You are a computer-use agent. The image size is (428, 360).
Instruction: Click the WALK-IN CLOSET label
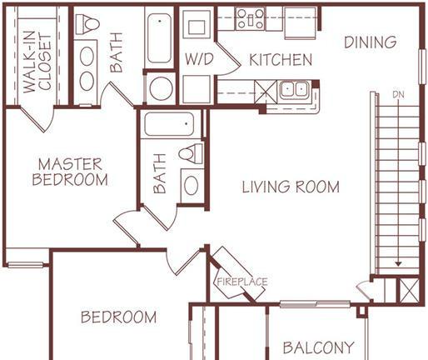37,62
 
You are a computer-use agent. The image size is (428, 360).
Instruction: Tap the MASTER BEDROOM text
70,172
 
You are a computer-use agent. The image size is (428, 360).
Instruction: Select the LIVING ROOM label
291,187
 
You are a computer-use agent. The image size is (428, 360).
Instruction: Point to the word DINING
370,42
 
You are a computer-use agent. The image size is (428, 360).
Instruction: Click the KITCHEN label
281,60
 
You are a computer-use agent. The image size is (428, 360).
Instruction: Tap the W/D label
199,59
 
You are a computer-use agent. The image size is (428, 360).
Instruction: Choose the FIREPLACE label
242,282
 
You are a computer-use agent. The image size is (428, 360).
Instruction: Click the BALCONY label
319,347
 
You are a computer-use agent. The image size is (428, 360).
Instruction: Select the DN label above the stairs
398,95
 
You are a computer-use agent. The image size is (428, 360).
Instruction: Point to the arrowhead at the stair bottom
399,263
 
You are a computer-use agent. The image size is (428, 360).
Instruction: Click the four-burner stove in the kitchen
251,18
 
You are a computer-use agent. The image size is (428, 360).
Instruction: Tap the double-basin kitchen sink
294,90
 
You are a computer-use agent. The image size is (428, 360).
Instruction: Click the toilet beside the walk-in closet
87,24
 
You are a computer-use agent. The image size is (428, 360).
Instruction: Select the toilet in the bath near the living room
191,153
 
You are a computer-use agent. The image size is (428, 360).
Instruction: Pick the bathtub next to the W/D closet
159,37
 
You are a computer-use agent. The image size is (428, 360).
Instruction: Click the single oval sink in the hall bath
192,186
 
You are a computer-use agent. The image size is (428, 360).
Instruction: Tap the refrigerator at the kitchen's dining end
300,23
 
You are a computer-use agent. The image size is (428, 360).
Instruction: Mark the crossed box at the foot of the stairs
409,291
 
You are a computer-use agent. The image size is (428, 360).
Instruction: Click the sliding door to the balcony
315,304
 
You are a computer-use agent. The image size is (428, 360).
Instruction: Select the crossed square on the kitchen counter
266,92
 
